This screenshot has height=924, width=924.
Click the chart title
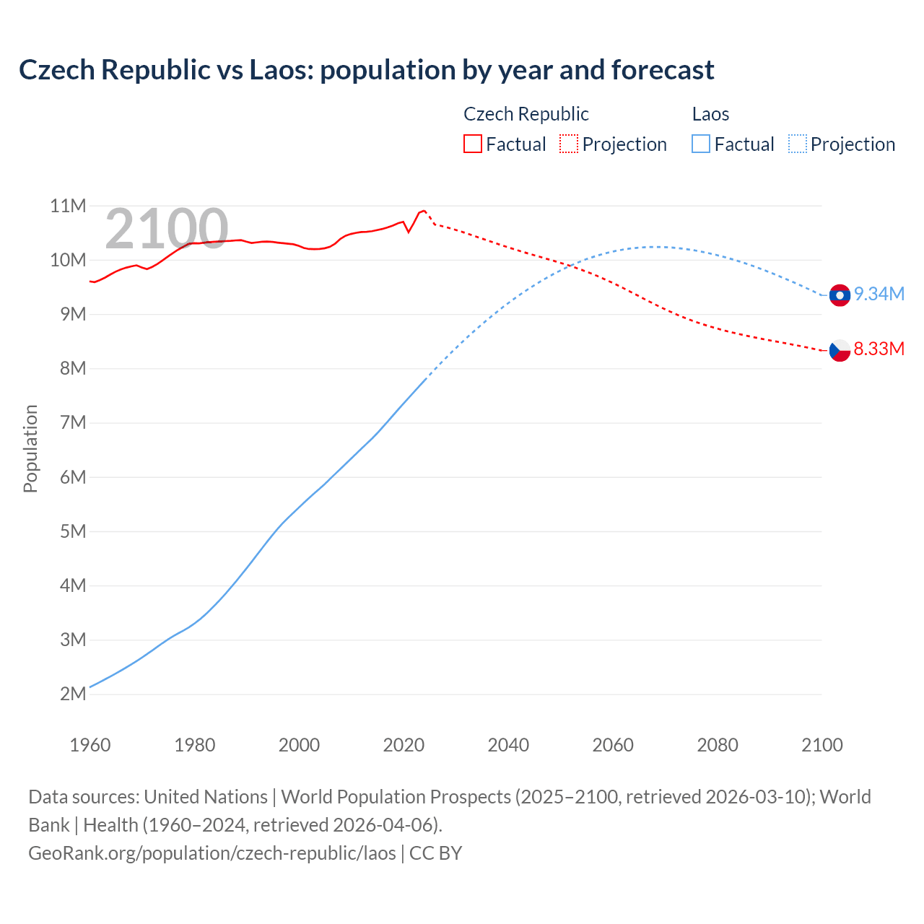(366, 70)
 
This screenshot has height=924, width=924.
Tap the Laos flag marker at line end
(840, 295)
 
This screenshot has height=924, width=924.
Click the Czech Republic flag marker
(840, 350)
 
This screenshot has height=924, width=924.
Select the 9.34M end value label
(879, 294)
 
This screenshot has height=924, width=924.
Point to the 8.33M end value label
(879, 349)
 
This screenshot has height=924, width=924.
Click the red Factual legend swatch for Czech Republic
(472, 144)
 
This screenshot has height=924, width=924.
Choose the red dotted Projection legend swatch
(569, 144)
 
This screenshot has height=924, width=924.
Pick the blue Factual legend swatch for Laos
(700, 144)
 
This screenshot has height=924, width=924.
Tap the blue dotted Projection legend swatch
(797, 144)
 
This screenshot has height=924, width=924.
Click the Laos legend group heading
(710, 114)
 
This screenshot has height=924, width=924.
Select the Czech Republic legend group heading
(526, 114)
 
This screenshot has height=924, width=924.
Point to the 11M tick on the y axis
(68, 206)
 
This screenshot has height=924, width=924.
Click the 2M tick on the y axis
(73, 694)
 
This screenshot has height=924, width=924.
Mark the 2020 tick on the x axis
(404, 745)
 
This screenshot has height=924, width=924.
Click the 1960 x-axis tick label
(90, 745)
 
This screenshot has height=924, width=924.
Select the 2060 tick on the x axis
(613, 745)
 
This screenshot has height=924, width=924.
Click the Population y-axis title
(30, 448)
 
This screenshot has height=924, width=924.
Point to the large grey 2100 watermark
(167, 229)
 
